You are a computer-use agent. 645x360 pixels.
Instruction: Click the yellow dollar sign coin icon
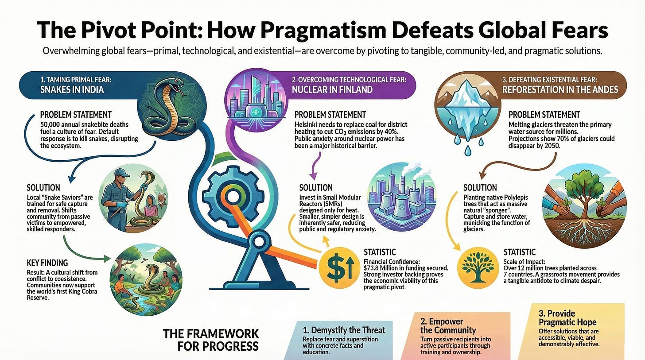click(x=342, y=267)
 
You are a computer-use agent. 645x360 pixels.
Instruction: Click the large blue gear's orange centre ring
click(x=231, y=195)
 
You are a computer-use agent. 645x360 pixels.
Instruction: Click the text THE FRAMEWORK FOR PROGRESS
click(x=211, y=339)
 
